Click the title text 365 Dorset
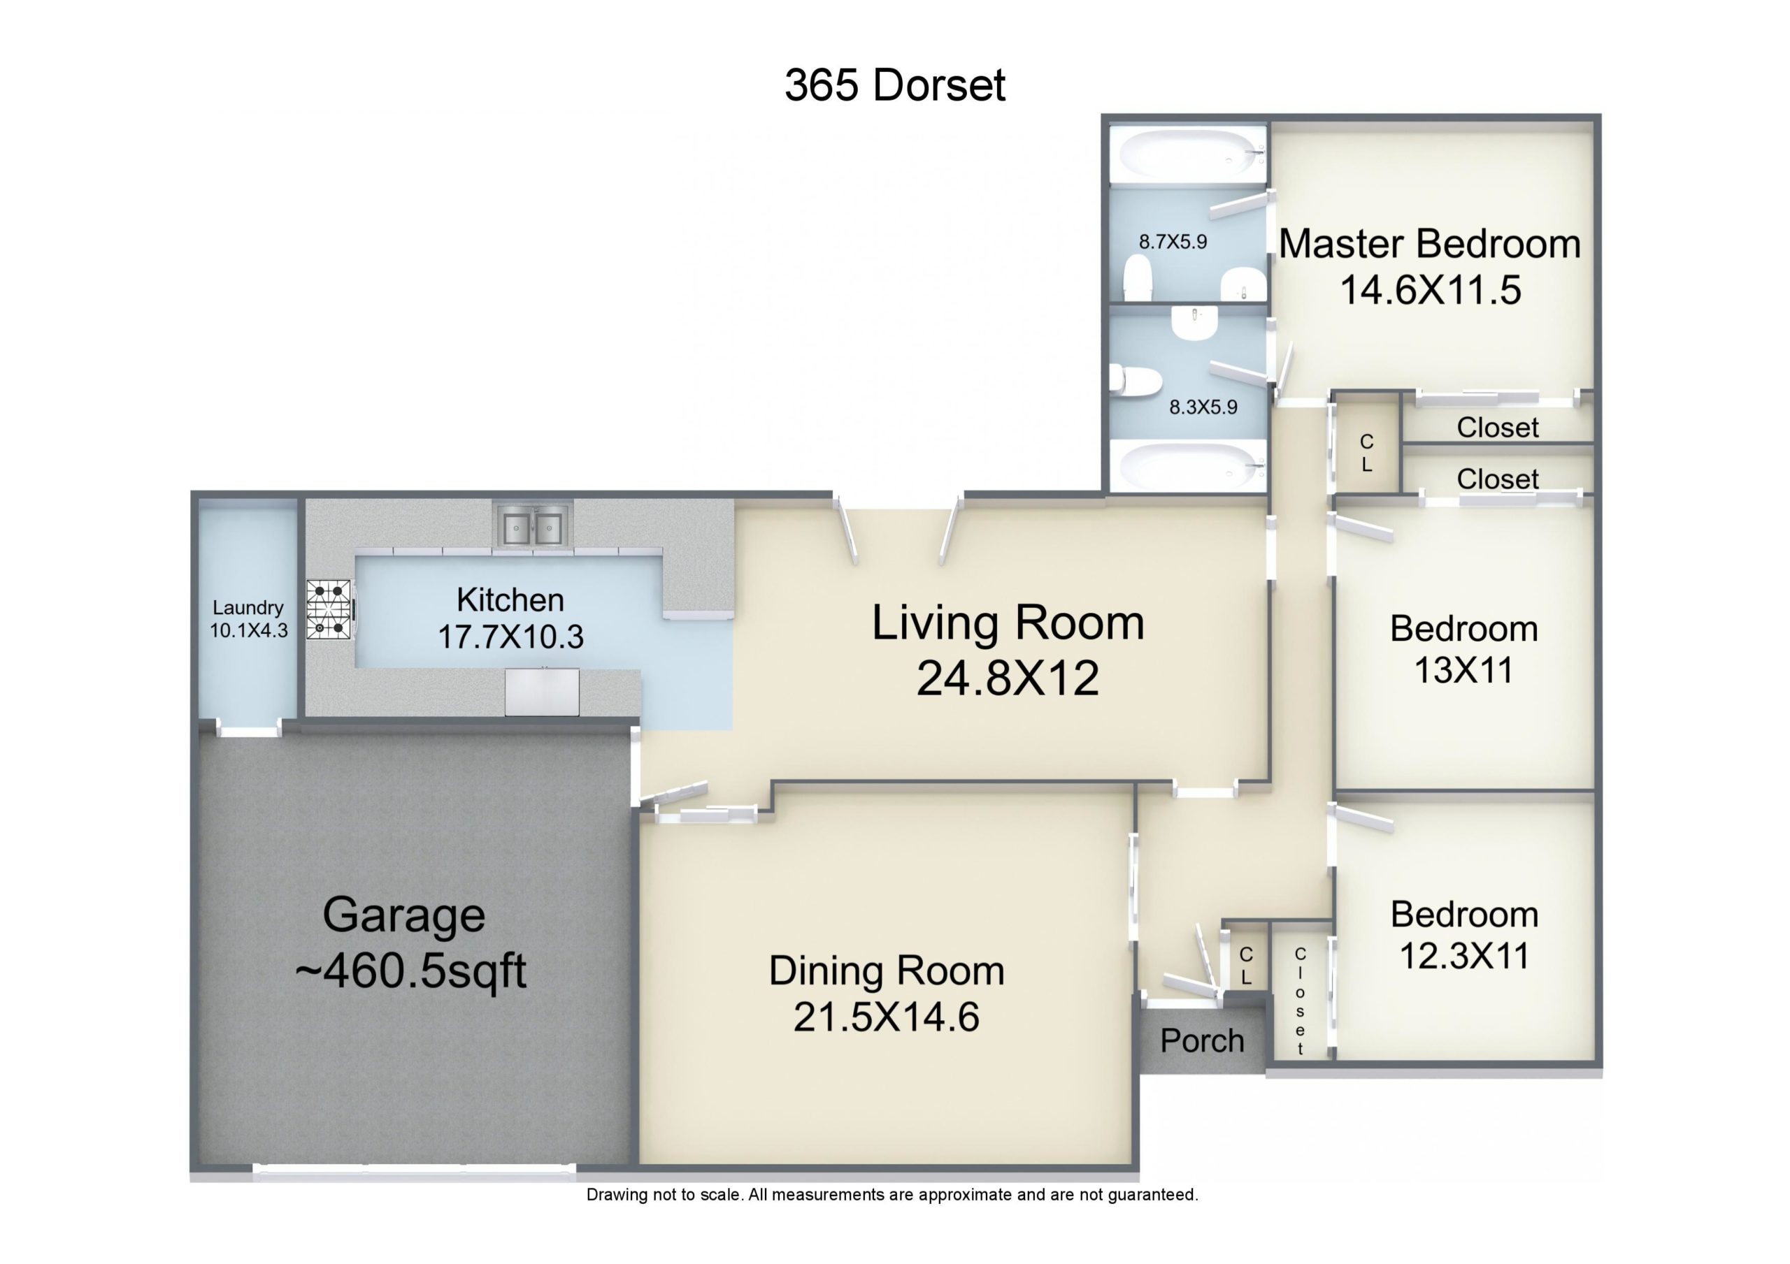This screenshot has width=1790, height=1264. (x=894, y=85)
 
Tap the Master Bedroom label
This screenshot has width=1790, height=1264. (x=1430, y=244)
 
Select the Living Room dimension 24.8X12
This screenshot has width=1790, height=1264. (x=1008, y=678)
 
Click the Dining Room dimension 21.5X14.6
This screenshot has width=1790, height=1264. (x=887, y=1017)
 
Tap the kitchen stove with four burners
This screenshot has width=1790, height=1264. (x=329, y=609)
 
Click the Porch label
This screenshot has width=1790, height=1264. (x=1201, y=1040)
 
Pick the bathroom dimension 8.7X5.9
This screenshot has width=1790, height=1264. (x=1173, y=242)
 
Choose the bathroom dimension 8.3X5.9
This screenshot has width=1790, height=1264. (x=1203, y=407)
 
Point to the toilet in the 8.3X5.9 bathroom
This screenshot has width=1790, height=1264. (x=1128, y=379)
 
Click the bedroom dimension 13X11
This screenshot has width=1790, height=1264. (x=1463, y=670)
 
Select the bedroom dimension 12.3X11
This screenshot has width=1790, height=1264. (x=1464, y=956)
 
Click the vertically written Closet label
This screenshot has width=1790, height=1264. (x=1300, y=1001)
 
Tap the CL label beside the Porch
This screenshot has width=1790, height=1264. (x=1246, y=966)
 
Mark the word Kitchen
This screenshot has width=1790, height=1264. (x=510, y=600)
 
